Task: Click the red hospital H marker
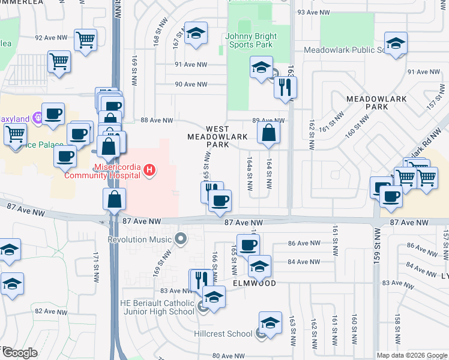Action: tap(149, 172)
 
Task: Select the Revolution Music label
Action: tap(142, 239)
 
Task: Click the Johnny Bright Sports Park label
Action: tap(249, 40)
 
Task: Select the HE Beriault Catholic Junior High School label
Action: tap(157, 307)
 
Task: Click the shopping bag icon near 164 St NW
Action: tap(269, 133)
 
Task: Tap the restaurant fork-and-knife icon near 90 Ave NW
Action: tap(285, 87)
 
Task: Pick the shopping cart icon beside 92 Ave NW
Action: tap(86, 40)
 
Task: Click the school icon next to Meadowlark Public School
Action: tap(396, 44)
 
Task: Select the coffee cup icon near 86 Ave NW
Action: tap(247, 245)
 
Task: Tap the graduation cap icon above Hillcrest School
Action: tap(270, 323)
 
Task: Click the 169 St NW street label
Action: tap(133, 66)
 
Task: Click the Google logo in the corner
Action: tap(19, 353)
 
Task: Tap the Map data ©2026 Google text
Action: tap(411, 355)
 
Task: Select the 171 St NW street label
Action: tap(95, 267)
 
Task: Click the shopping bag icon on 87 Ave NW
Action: tap(114, 199)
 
